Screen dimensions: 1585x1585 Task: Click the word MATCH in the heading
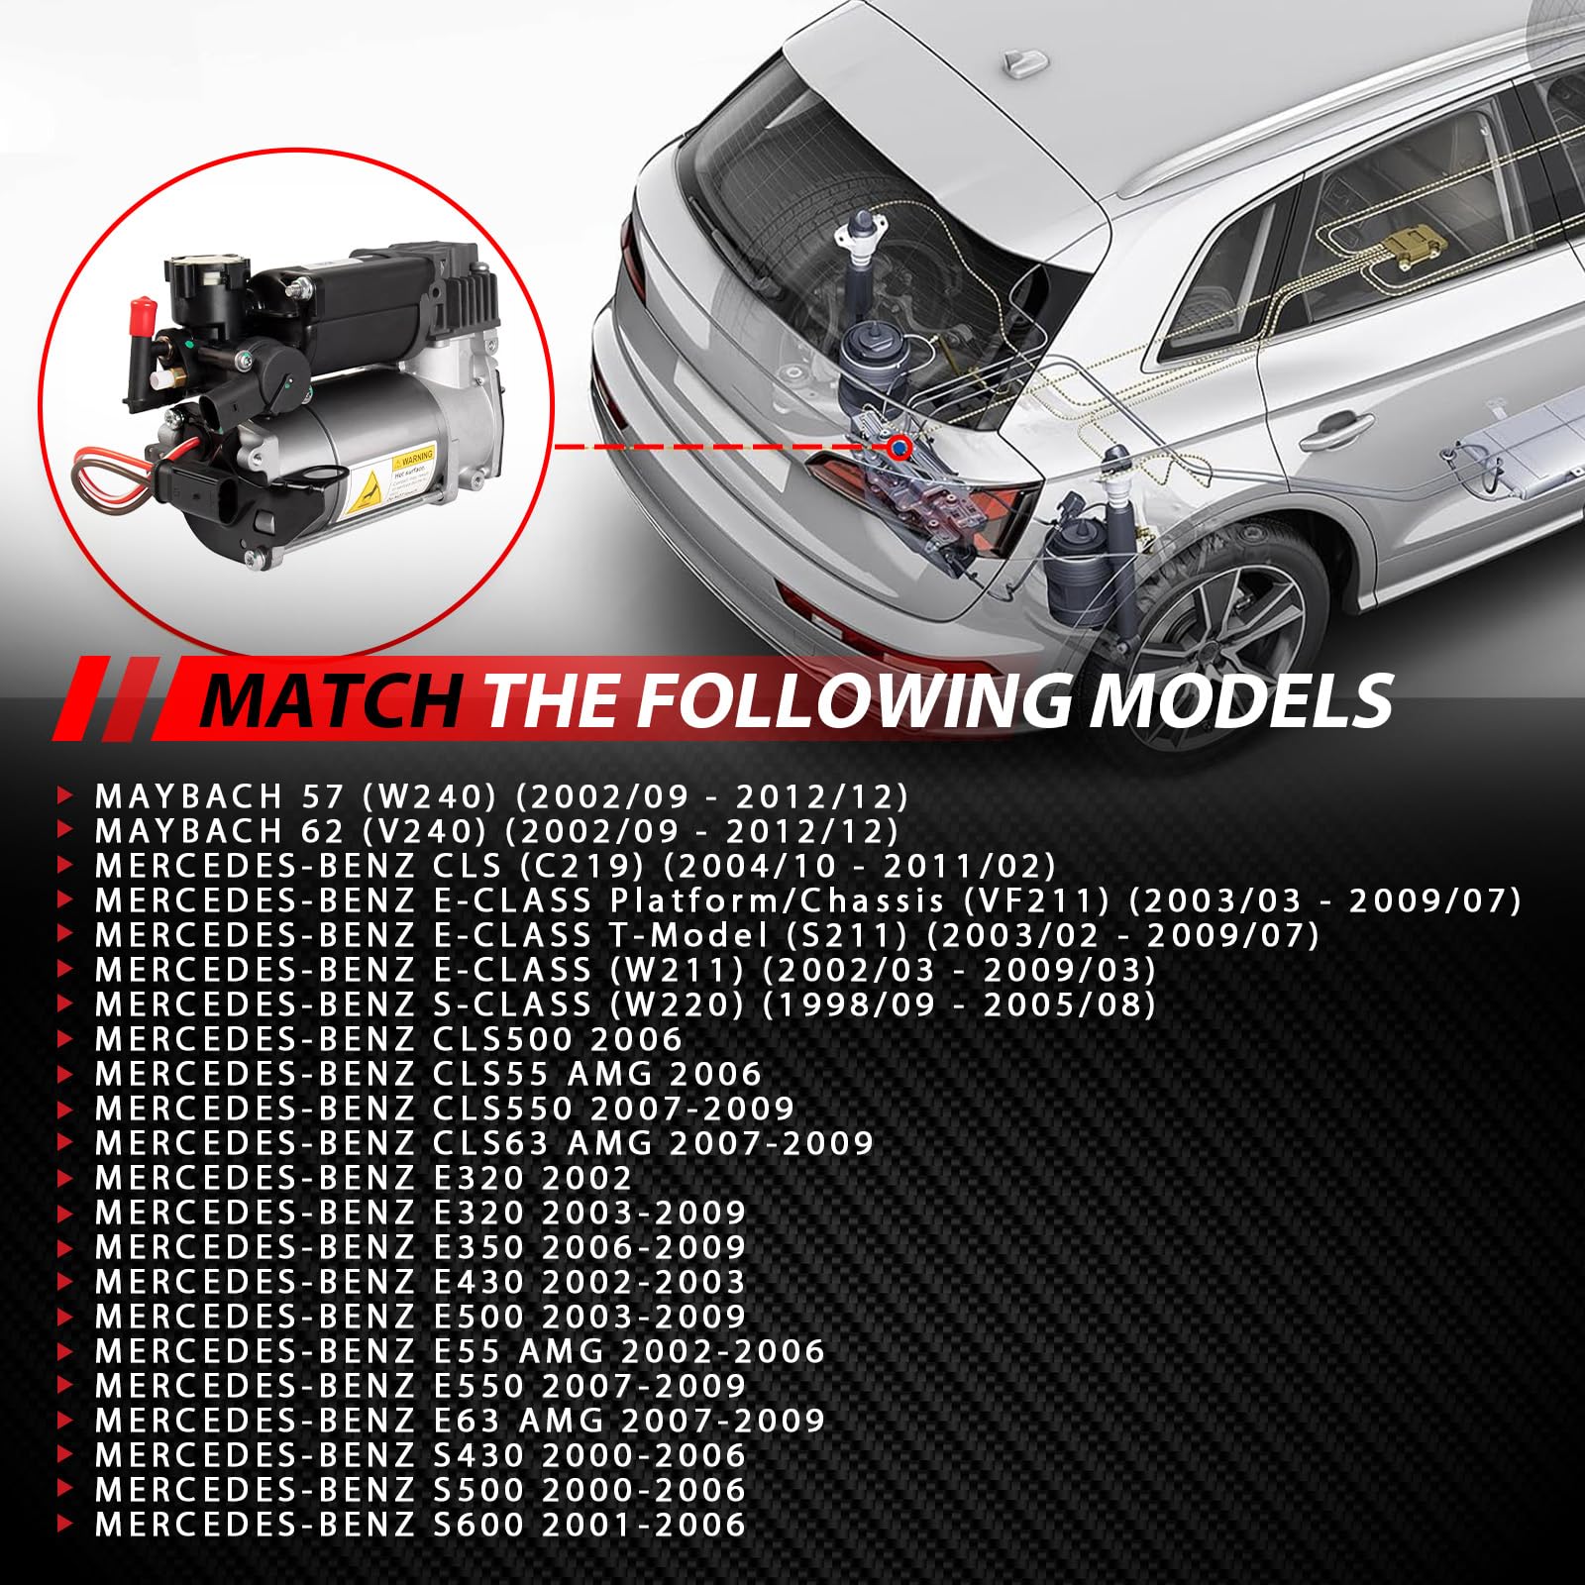(331, 700)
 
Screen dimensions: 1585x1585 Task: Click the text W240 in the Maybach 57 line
(427, 795)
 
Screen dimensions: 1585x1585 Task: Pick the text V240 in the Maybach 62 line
(425, 830)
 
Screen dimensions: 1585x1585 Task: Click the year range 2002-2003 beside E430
(644, 1281)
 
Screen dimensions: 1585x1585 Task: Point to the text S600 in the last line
(478, 1524)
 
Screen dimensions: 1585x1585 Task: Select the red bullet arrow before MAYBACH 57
(66, 795)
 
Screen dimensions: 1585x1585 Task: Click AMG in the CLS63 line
(610, 1142)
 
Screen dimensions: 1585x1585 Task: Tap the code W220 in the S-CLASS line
(678, 1004)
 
